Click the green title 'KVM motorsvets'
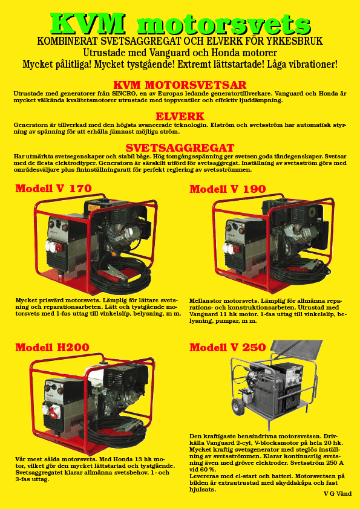pyautogui.click(x=181, y=24)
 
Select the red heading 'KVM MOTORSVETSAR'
pyautogui.click(x=180, y=85)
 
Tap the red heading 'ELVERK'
pyautogui.click(x=180, y=116)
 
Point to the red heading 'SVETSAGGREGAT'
pyautogui.click(x=180, y=148)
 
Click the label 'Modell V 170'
pyautogui.click(x=54, y=188)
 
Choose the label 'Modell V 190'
pyautogui.click(x=227, y=189)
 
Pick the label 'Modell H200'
pyautogui.click(x=52, y=348)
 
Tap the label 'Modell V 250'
pyautogui.click(x=227, y=348)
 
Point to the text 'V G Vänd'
pyautogui.click(x=338, y=494)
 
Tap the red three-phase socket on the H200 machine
pyautogui.click(x=53, y=412)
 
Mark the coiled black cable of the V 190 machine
pyautogui.click(x=297, y=272)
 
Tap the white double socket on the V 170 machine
pyautogui.click(x=53, y=246)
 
